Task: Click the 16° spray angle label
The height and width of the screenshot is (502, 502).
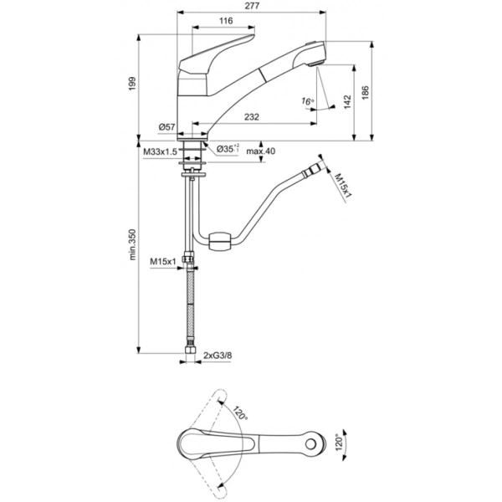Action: (309, 101)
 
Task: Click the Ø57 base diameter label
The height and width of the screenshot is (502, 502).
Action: (166, 126)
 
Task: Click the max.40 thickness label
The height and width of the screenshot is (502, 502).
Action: (260, 151)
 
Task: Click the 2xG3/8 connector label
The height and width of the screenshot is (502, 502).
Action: (219, 357)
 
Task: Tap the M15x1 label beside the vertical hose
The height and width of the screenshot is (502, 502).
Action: (164, 262)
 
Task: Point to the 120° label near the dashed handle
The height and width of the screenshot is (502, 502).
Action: (241, 415)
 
